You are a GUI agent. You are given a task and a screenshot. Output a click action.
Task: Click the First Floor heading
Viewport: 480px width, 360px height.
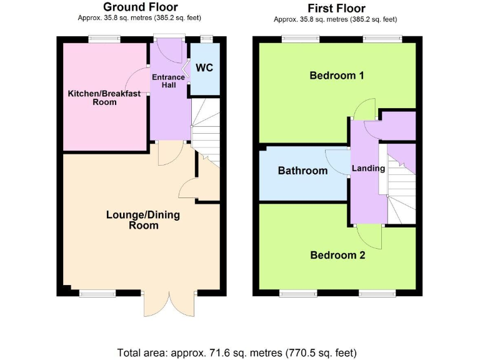click(337, 8)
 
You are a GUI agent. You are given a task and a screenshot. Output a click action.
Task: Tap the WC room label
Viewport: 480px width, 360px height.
click(204, 67)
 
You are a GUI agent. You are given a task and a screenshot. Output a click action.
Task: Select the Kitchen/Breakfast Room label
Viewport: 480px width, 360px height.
click(104, 97)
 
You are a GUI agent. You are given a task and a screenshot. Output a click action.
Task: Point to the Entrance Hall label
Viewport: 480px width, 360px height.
click(169, 81)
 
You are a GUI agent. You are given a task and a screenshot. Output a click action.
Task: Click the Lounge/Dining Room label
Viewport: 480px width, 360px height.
click(143, 220)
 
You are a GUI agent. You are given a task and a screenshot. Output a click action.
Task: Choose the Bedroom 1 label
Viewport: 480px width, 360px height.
click(337, 76)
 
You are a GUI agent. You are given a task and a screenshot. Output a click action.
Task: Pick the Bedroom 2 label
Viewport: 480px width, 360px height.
click(337, 255)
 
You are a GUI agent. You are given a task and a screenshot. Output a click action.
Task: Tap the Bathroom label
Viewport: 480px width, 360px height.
click(302, 171)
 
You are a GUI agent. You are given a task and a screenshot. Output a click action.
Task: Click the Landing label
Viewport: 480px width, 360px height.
click(368, 168)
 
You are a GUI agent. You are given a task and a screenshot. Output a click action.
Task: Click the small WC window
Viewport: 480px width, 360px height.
click(204, 39)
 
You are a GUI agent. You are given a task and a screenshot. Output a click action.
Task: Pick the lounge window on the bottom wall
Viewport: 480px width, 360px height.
click(97, 292)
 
